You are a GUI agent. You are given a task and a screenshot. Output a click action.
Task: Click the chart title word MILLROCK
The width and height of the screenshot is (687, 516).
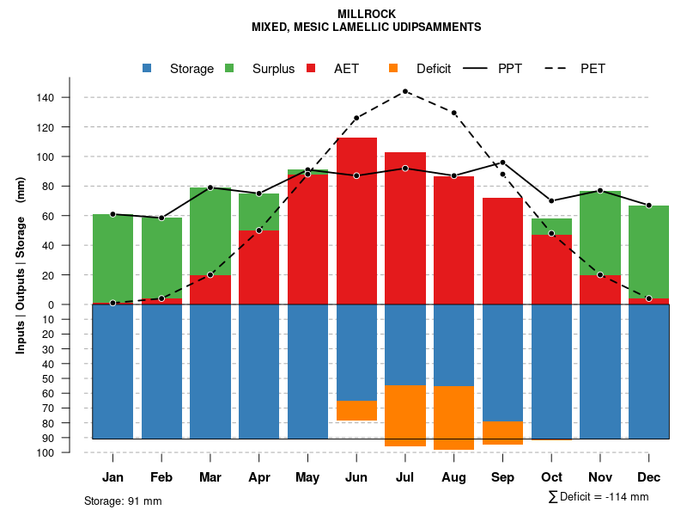pyautogui.click(x=366, y=15)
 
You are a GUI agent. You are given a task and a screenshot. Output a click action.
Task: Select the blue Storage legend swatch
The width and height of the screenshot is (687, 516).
pyautogui.click(x=148, y=68)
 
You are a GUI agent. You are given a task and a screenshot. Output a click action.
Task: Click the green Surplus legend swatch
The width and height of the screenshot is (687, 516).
pyautogui.click(x=229, y=68)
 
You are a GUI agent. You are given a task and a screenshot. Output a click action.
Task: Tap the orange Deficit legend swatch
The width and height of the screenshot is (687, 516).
pyautogui.click(x=393, y=68)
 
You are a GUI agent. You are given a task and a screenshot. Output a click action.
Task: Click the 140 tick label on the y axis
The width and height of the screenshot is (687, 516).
pyautogui.click(x=46, y=98)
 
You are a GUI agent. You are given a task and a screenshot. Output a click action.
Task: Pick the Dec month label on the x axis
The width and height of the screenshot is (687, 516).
pyautogui.click(x=649, y=477)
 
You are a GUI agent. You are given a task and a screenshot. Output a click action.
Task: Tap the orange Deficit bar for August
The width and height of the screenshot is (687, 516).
pyautogui.click(x=454, y=418)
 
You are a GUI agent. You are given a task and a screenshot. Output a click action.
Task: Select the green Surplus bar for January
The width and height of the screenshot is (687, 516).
pyautogui.click(x=112, y=258)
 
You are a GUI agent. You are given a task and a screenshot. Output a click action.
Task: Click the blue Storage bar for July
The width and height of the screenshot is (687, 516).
pyautogui.click(x=405, y=344)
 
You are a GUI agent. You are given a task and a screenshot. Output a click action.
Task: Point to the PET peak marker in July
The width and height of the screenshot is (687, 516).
pyautogui.click(x=404, y=91)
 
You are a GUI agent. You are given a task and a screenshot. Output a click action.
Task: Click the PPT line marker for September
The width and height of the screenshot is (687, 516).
pyautogui.click(x=503, y=163)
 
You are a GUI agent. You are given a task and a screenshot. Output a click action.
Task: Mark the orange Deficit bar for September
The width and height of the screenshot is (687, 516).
pyautogui.click(x=503, y=433)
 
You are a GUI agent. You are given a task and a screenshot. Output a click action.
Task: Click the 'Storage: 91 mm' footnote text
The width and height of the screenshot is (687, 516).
pyautogui.click(x=123, y=501)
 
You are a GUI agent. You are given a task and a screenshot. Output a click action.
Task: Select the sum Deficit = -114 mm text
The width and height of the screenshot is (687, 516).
pyautogui.click(x=598, y=497)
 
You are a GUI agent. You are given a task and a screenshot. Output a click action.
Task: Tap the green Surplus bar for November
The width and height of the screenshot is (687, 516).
pyautogui.click(x=600, y=232)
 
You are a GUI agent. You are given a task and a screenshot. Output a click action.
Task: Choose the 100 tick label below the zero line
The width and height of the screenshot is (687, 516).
pyautogui.click(x=46, y=452)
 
